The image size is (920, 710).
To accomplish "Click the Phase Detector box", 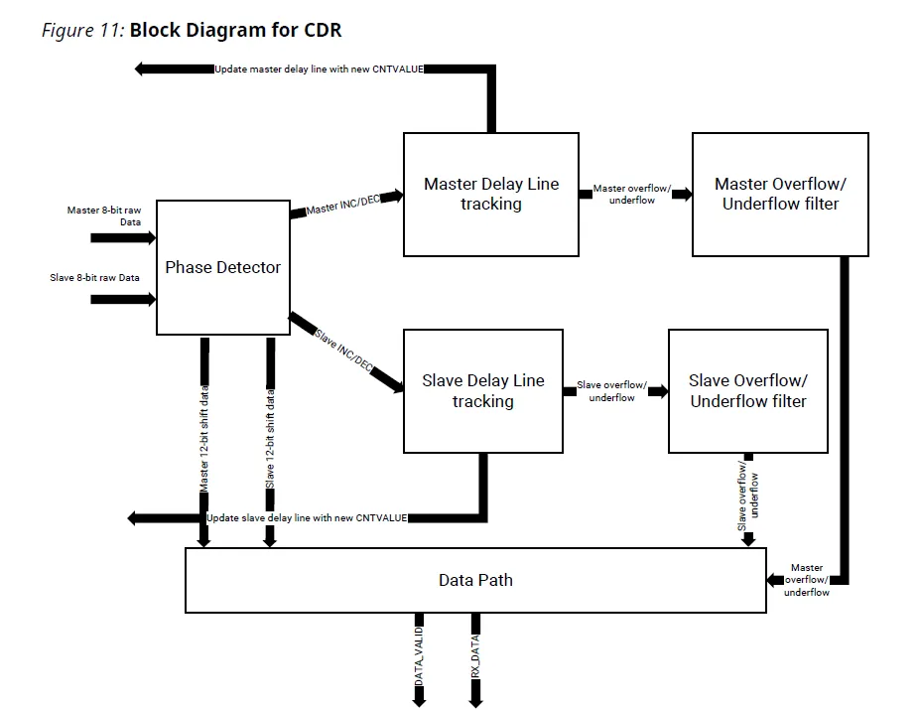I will (x=222, y=267).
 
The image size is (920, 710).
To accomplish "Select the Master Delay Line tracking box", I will (x=490, y=194).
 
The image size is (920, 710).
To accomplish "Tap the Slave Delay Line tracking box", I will (x=483, y=391).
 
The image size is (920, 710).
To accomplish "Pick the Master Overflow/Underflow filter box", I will (x=780, y=194).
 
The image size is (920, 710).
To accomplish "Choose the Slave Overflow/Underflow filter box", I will (x=747, y=391).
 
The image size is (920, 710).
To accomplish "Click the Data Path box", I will (x=475, y=580).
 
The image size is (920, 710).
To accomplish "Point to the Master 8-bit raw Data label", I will (x=103, y=215).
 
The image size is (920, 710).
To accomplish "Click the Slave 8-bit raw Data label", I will (x=95, y=278).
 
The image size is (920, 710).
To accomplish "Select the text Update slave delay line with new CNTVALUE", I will (x=306, y=518).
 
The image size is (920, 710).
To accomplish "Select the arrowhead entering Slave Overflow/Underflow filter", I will (x=659, y=391).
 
